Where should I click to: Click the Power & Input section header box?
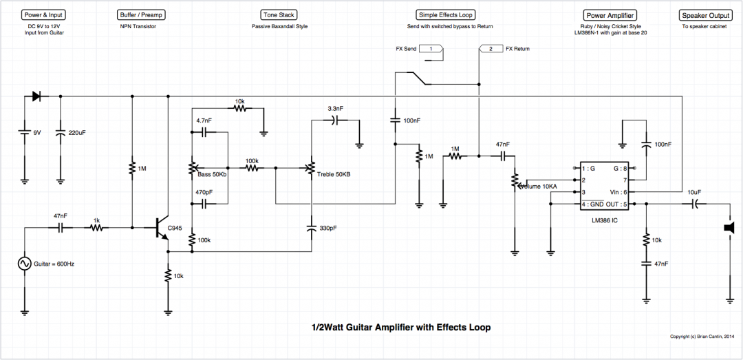(x=43, y=14)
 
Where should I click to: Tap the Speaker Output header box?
(x=704, y=14)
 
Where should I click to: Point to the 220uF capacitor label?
(x=78, y=131)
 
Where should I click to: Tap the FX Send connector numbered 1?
(x=431, y=50)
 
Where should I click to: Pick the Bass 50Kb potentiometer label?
(x=213, y=174)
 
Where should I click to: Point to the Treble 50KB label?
(x=334, y=174)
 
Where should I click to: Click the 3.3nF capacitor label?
(x=336, y=109)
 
